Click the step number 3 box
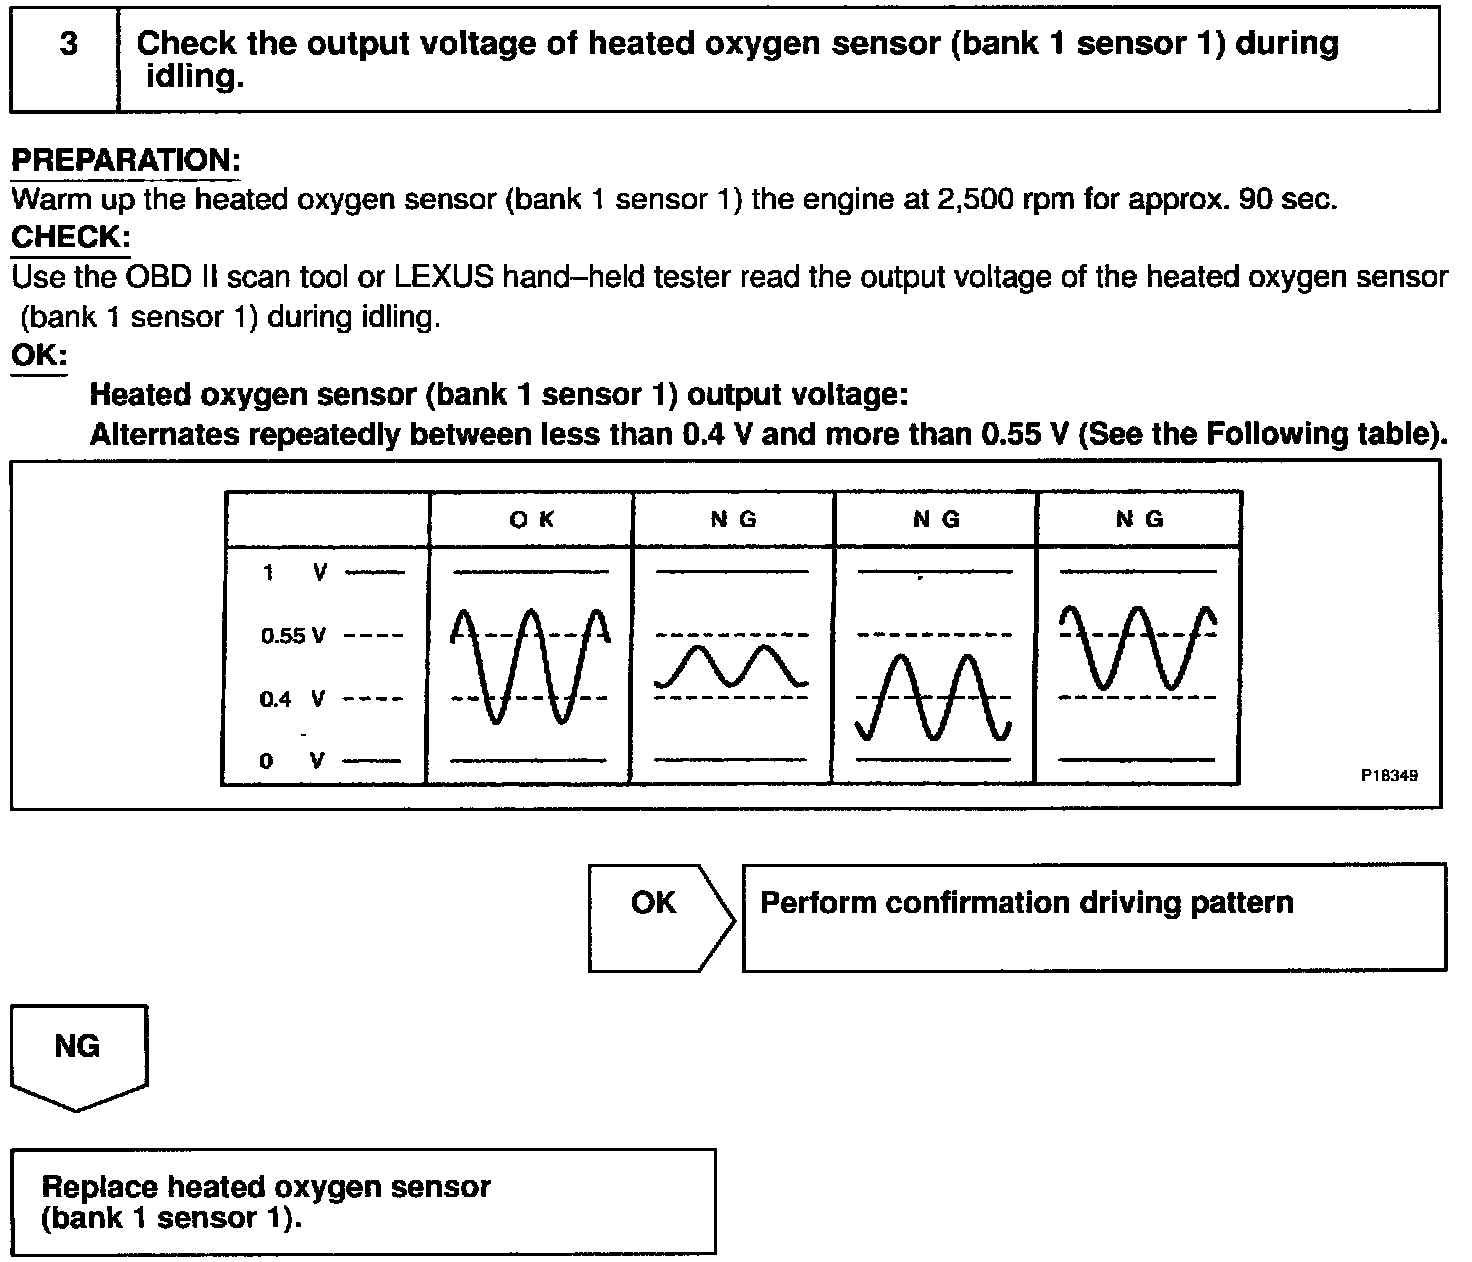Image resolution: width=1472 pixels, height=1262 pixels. (x=67, y=58)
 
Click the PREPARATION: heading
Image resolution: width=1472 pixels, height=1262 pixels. (x=126, y=160)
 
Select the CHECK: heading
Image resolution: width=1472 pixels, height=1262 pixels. (x=70, y=238)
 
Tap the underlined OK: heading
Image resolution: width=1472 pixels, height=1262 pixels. (x=38, y=356)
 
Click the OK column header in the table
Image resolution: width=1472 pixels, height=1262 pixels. (x=531, y=519)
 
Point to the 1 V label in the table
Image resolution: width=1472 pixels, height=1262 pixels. (x=295, y=572)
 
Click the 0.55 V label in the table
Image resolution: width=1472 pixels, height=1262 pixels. (x=293, y=636)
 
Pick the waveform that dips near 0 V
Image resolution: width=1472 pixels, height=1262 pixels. (x=934, y=698)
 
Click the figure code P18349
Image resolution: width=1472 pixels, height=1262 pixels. (x=1388, y=775)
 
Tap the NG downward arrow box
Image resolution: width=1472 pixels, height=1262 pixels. (x=78, y=1055)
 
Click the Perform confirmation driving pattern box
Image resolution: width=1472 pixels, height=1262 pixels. (x=1094, y=917)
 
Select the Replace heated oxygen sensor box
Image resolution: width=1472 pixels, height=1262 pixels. (x=363, y=1201)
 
